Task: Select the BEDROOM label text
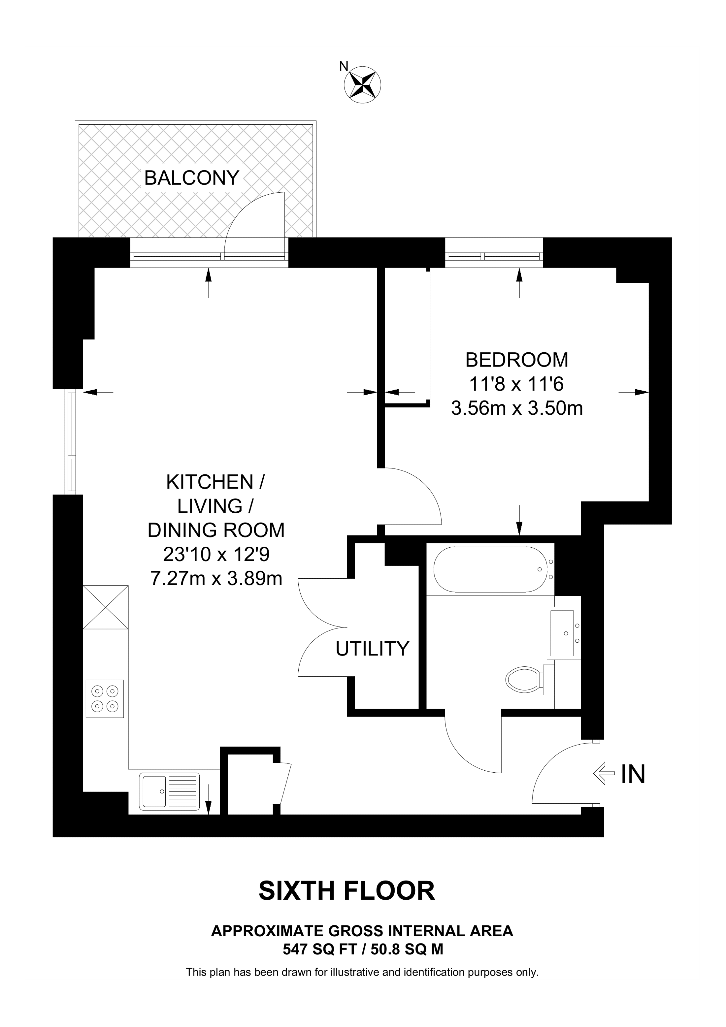(517, 360)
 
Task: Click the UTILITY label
(372, 649)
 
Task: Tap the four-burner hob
(105, 699)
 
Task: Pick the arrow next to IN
(604, 773)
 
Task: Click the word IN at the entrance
(633, 773)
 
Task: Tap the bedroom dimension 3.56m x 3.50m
(517, 408)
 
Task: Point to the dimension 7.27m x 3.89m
(216, 578)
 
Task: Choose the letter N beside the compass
(344, 67)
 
